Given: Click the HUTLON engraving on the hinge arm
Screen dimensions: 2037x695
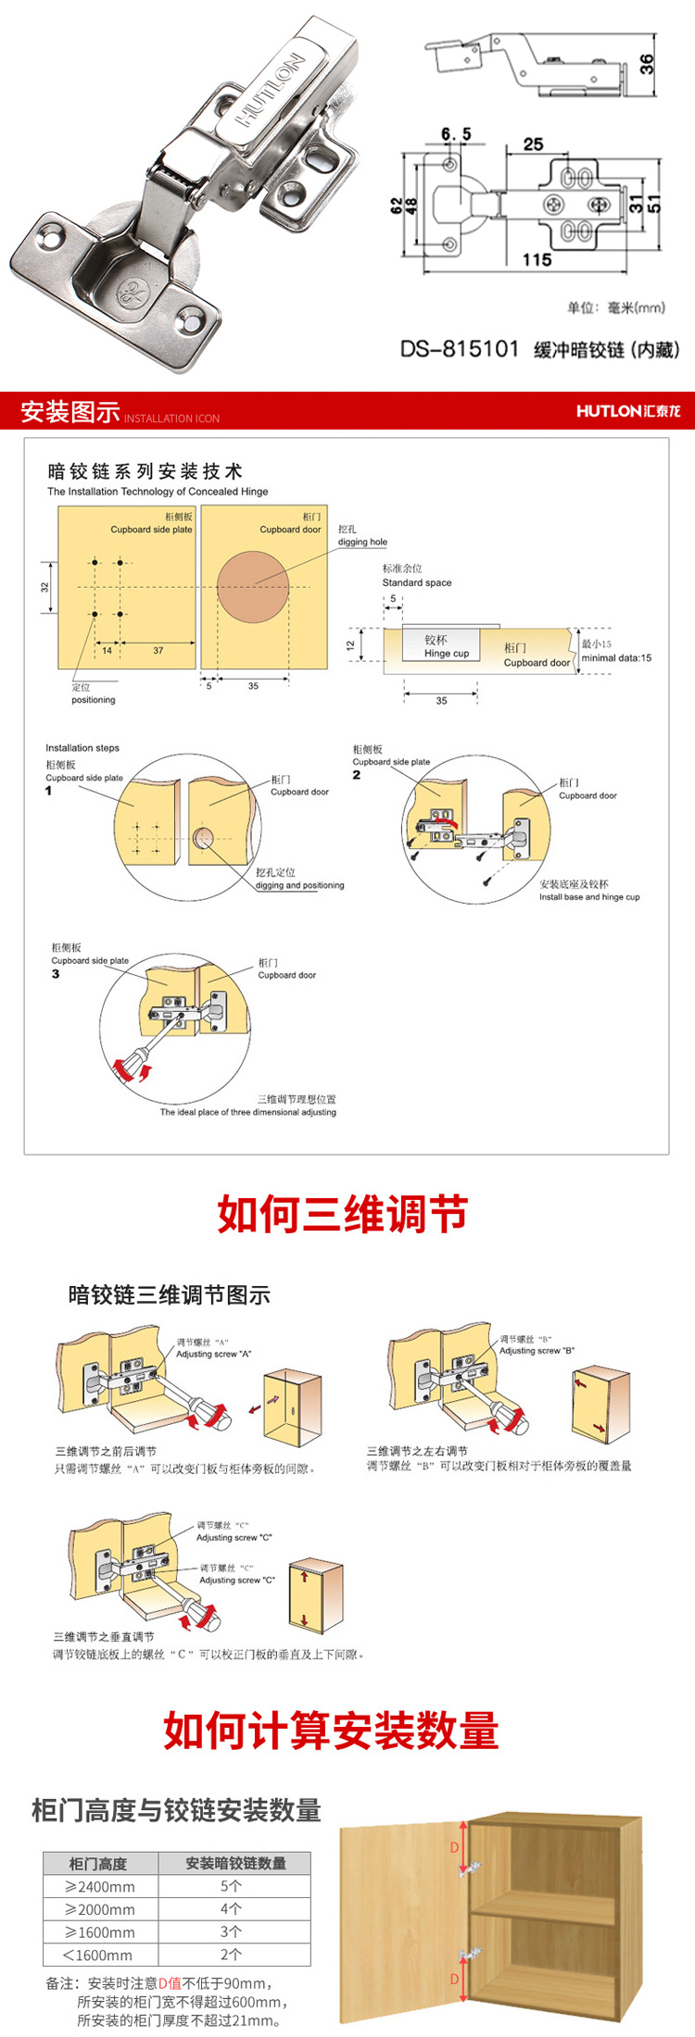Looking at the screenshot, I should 271,90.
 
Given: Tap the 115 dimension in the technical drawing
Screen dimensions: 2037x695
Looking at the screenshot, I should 537,260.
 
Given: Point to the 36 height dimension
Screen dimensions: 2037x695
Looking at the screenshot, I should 647,64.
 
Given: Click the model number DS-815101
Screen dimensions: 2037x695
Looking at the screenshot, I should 460,349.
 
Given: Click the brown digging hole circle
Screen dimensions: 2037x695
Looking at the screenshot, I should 253,587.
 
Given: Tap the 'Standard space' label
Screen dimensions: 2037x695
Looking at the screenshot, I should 417,582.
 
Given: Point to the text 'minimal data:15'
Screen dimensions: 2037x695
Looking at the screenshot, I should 616,657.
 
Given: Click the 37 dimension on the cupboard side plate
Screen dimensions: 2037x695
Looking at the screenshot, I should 158,650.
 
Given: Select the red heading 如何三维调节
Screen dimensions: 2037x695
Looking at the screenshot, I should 343,1214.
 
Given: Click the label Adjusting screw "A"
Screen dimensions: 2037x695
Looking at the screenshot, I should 214,1354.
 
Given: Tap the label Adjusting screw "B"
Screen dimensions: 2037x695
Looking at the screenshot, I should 537,1351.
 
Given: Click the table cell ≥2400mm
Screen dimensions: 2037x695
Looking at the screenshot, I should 100,1886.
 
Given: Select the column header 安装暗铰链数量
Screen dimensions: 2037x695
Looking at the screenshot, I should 235,1863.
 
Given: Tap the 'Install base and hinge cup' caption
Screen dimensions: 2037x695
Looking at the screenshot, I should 589,896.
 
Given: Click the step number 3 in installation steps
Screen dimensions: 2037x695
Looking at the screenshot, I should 56,973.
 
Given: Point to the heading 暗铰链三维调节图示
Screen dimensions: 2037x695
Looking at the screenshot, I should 170,1295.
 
